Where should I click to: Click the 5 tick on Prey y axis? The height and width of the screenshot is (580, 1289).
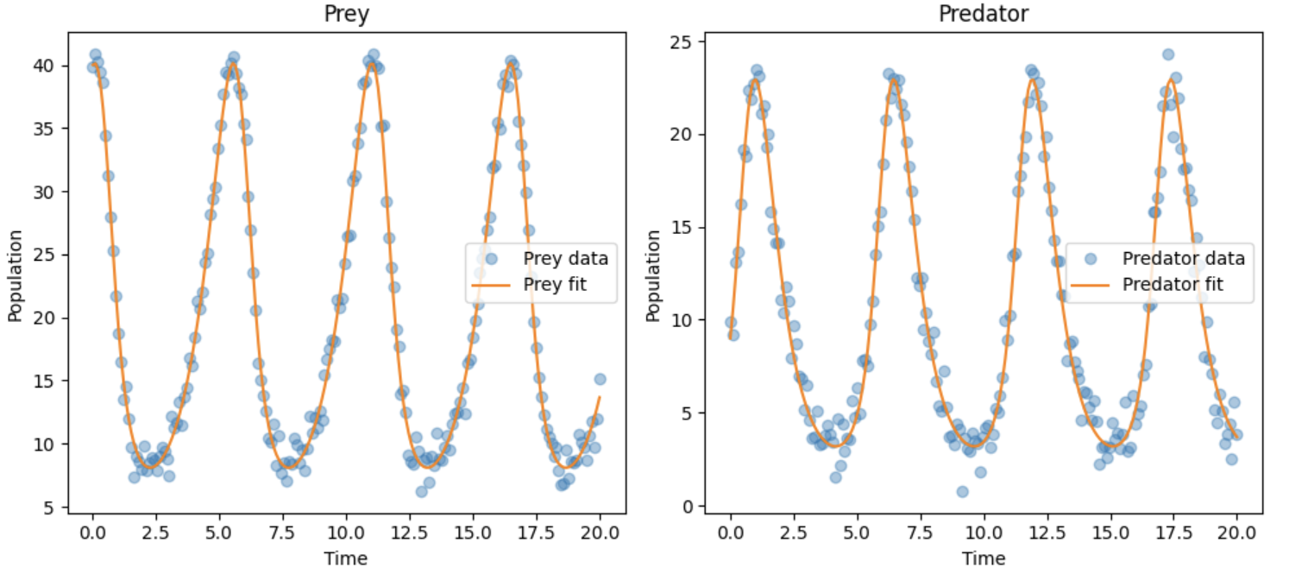[53, 508]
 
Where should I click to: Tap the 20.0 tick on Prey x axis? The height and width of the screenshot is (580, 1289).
[600, 533]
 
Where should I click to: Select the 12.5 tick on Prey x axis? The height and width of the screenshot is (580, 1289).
[410, 533]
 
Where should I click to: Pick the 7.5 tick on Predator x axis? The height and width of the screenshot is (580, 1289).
[921, 533]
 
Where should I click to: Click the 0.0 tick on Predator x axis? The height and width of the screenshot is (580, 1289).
[731, 533]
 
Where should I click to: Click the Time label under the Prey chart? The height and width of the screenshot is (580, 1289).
[346, 558]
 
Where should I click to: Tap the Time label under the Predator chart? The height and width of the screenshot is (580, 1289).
[984, 558]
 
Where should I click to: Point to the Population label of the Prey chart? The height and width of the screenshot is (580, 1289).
[15, 275]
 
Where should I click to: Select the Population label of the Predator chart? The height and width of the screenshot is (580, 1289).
[653, 275]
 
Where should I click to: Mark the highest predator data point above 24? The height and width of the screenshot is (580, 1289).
[1168, 54]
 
